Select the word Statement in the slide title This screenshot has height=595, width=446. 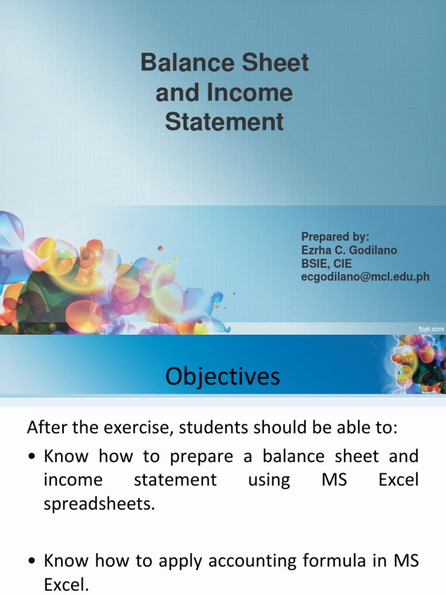pos(224,123)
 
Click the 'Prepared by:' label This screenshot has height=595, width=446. pos(335,236)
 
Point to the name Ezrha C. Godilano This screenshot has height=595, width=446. pos(349,250)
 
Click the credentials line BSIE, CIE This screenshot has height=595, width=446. pos(326,263)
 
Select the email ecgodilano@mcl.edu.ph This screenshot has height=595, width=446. pos(365,277)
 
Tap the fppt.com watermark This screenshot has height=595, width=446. pos(431,329)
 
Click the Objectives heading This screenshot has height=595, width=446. pos(222,377)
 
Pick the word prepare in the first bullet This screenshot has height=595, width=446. pos(203,457)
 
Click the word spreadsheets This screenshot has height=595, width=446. pos(100,504)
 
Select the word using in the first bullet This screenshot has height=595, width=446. pos(269,481)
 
